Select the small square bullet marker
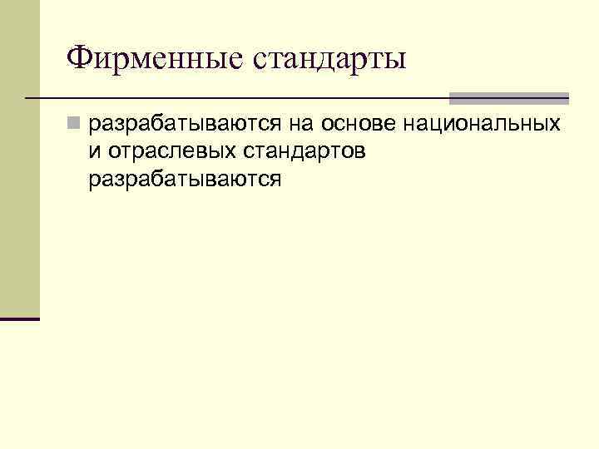pos(74,125)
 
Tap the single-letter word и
pos(92,152)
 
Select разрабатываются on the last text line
pos(184,180)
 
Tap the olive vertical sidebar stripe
pos(19,158)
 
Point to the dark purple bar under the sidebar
pos(19,318)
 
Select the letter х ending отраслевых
pos(217,152)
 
